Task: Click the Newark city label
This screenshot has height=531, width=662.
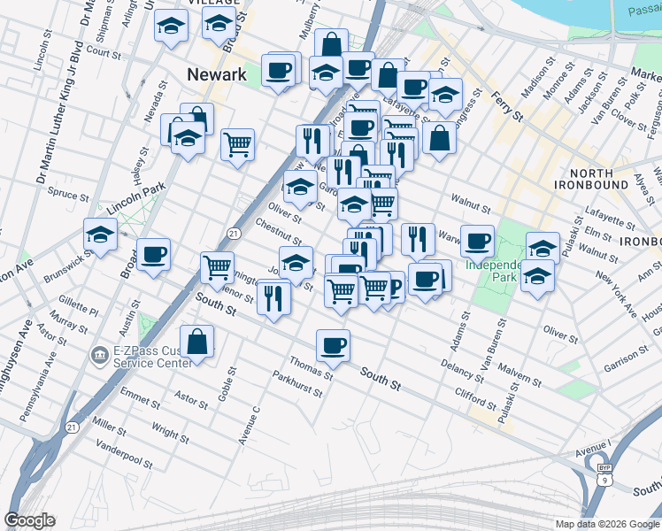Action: [x=217, y=75]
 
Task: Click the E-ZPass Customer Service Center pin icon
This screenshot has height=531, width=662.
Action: [x=97, y=357]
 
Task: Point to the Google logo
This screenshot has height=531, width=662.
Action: [x=29, y=520]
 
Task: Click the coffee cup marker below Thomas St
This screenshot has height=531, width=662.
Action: [x=333, y=345]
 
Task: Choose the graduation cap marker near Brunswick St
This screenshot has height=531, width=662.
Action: [x=101, y=235]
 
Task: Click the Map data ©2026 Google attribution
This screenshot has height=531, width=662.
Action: [x=607, y=524]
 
